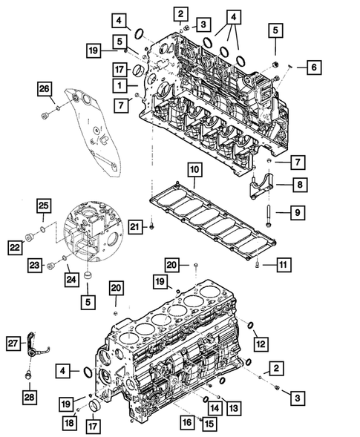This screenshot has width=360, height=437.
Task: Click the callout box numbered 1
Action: [x=118, y=86]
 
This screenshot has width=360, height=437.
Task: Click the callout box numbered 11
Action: [x=282, y=263]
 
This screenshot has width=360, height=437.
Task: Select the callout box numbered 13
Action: [x=233, y=407]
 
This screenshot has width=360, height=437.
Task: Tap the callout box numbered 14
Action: [x=214, y=407]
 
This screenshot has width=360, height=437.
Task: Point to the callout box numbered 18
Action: [x=70, y=421]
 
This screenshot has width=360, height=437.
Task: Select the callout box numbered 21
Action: [x=134, y=226]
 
